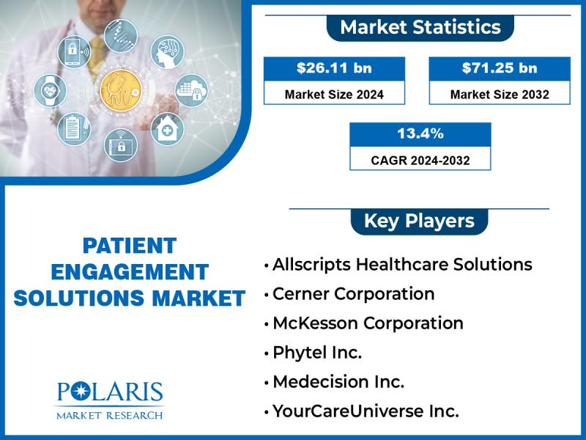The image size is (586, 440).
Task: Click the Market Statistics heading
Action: tap(420, 27)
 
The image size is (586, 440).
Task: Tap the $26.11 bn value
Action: tap(335, 68)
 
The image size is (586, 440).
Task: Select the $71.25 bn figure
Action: tap(500, 68)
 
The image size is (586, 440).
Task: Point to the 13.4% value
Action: tap(420, 133)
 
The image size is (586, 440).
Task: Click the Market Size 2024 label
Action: tap(335, 95)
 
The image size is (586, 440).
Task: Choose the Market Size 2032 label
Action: tap(500, 95)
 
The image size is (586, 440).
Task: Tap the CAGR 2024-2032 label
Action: tap(420, 161)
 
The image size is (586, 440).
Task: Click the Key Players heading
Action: tap(419, 221)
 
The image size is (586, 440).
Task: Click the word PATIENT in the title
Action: tap(130, 246)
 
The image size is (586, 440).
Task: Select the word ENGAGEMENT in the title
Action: tap(130, 272)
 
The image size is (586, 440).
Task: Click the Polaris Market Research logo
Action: tap(109, 400)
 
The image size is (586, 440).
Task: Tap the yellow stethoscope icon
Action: tap(121, 91)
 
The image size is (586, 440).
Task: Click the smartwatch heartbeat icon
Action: tap(50, 91)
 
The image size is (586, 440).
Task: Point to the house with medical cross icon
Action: tap(168, 129)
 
